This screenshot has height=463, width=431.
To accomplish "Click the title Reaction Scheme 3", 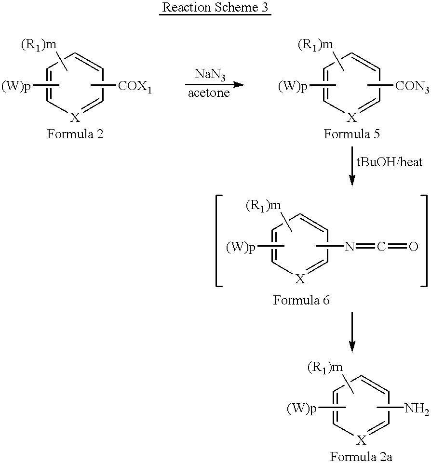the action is [x=215, y=7].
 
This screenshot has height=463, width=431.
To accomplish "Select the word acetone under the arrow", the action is [x=209, y=93].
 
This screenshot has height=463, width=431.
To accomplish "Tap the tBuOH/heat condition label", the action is [x=390, y=162].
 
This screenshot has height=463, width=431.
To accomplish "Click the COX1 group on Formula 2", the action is [x=135, y=87].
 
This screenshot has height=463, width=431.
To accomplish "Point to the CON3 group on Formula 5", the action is [x=412, y=87].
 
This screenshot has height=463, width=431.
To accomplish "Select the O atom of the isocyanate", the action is [x=414, y=247].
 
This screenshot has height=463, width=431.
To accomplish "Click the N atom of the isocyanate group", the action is [x=350, y=247].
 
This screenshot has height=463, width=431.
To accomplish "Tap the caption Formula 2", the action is [x=75, y=134].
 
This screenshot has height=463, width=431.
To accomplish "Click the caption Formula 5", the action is [x=351, y=134].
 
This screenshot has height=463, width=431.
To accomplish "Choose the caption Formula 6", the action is [x=301, y=300].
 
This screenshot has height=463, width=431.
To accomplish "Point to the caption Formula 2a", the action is [x=361, y=457].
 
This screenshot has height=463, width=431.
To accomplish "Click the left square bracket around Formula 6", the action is [x=219, y=240].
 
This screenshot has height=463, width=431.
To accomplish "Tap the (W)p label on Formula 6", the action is [x=241, y=247].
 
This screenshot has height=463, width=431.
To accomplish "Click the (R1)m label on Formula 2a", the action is [x=325, y=368].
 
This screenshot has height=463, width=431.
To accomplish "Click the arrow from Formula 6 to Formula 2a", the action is [x=352, y=332].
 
